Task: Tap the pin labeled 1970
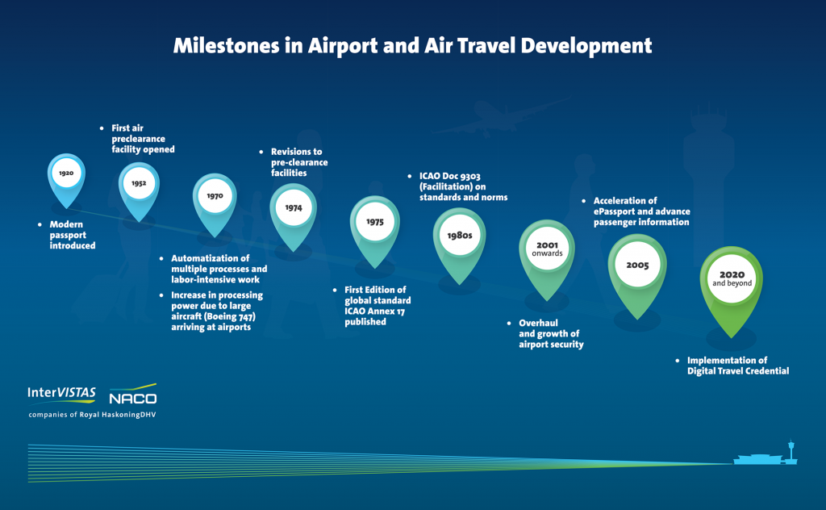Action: point(215,200)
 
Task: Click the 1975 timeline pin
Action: point(375,227)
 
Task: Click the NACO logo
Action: point(133,395)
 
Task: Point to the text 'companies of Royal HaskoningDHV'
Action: point(92,415)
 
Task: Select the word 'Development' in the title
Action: point(586,46)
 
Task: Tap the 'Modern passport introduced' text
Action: point(72,235)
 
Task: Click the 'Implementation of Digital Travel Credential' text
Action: point(738,366)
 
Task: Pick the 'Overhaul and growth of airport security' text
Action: point(551,333)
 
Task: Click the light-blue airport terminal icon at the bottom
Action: point(766,454)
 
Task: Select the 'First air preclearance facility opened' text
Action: point(143,139)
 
